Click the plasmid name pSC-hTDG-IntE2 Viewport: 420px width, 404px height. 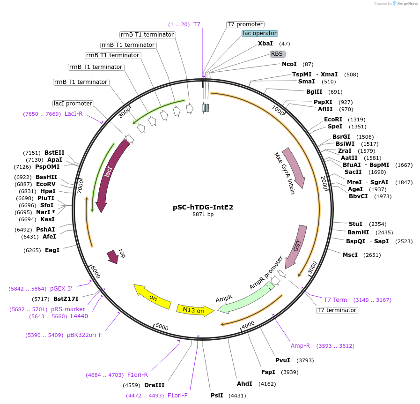click(x=203, y=207)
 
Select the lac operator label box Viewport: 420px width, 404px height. click(x=260, y=33)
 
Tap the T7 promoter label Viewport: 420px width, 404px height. click(x=245, y=24)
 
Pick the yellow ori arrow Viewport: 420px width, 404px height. click(x=152, y=297)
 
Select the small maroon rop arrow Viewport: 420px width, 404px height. click(x=113, y=256)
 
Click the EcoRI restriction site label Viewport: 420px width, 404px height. click(x=333, y=120)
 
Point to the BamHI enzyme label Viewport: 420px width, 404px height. click(x=358, y=232)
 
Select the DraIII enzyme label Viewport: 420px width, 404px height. click(x=154, y=385)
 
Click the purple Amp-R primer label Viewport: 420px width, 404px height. click(x=300, y=346)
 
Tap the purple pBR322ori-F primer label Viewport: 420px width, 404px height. click(x=84, y=335)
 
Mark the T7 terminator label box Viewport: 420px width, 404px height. click(x=337, y=310)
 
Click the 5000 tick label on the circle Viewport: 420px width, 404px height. click(x=162, y=326)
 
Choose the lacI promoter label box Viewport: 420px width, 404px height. click(x=73, y=104)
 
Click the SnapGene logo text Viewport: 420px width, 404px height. click(x=406, y=3)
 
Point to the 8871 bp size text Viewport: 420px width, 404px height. click(x=203, y=214)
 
